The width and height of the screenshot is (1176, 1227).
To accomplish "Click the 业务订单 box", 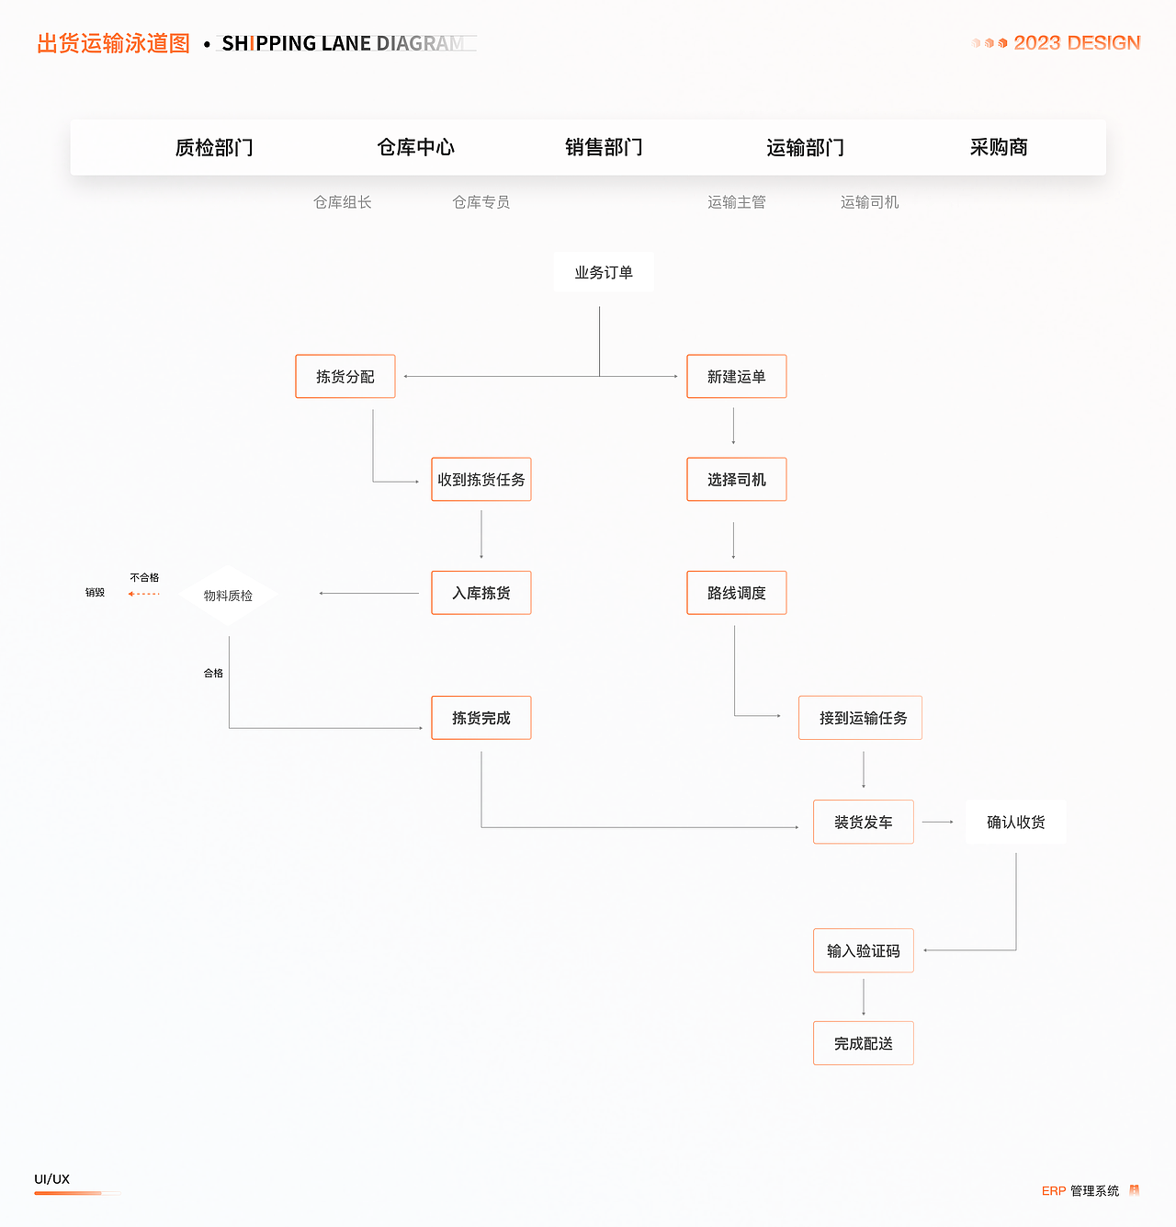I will point(604,272).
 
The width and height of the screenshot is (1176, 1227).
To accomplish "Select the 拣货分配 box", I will point(345,377).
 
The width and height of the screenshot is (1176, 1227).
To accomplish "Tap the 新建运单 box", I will point(737,377).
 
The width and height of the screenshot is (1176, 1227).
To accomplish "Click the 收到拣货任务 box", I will point(481,480).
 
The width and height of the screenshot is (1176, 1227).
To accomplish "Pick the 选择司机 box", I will point(737,480).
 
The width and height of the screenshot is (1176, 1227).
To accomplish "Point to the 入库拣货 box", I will point(481,593).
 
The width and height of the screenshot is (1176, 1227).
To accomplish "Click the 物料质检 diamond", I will point(228,596).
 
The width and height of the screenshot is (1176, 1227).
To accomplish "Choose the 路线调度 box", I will point(737,593).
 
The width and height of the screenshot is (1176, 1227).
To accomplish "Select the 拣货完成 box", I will point(481,718).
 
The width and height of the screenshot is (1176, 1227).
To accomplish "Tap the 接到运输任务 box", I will point(861,718).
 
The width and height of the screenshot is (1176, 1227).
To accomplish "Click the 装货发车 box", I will point(864,822).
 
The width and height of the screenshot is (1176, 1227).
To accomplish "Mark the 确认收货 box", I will point(1016,822).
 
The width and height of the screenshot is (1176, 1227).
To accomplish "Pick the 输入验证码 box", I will point(864,950).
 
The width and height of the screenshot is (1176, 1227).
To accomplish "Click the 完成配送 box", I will point(864,1043).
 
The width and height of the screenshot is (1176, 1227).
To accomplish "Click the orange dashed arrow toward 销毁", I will point(144,594).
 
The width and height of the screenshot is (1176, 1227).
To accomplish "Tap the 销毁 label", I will point(96,593).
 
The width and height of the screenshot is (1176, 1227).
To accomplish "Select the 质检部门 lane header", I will point(214,147).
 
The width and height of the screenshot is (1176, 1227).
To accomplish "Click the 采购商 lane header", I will point(999,147).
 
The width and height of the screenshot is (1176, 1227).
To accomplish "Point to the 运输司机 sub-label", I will point(869,202).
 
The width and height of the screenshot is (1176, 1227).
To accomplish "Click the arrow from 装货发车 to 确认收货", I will point(939,822).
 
